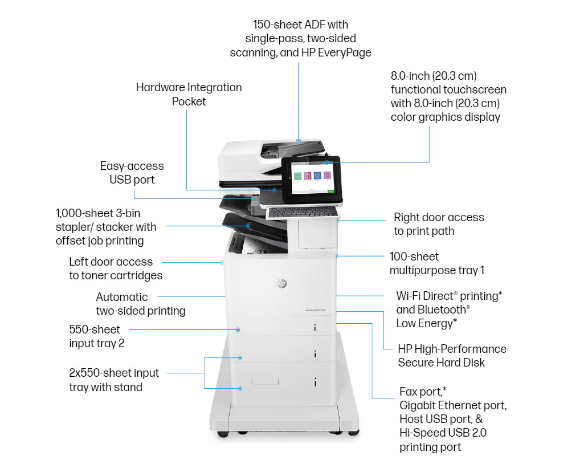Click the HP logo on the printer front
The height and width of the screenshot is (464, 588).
(x=281, y=283)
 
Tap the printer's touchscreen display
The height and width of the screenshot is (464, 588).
(x=311, y=177)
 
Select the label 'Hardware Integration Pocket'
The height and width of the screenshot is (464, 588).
(x=189, y=95)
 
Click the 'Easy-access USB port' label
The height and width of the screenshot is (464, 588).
(x=132, y=173)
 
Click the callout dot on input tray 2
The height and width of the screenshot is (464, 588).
(x=238, y=329)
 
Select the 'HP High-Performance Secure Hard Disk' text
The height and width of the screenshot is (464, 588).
(x=451, y=355)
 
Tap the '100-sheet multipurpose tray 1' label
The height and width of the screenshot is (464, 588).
(x=436, y=263)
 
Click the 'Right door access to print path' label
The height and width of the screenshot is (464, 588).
(x=438, y=224)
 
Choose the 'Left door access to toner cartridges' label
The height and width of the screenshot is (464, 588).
(x=115, y=268)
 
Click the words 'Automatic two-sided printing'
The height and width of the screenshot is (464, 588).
(x=140, y=304)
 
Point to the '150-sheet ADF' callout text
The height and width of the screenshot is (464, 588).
(x=300, y=39)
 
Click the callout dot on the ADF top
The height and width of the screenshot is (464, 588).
(x=299, y=140)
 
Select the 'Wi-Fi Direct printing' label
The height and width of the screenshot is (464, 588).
(x=449, y=296)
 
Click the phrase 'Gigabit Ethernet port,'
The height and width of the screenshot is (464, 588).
(x=453, y=405)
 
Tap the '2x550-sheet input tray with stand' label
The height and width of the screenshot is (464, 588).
(x=113, y=380)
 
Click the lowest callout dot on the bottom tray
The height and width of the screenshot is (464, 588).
(x=240, y=388)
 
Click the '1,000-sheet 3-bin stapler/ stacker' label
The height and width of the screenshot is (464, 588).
(x=106, y=226)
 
